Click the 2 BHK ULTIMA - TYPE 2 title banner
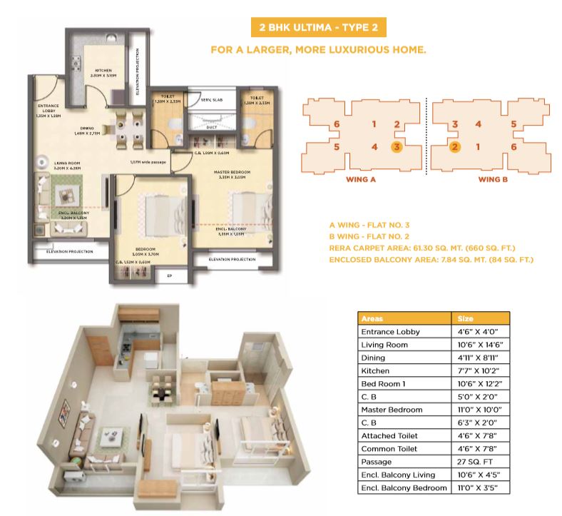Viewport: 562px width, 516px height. click(315, 29)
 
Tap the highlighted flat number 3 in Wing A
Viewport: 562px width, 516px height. click(397, 148)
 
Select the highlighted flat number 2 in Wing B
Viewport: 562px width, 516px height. click(454, 148)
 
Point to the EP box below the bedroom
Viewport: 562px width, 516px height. click(169, 273)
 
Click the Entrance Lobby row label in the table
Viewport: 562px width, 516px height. click(392, 332)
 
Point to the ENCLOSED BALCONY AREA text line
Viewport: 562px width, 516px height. click(431, 260)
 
